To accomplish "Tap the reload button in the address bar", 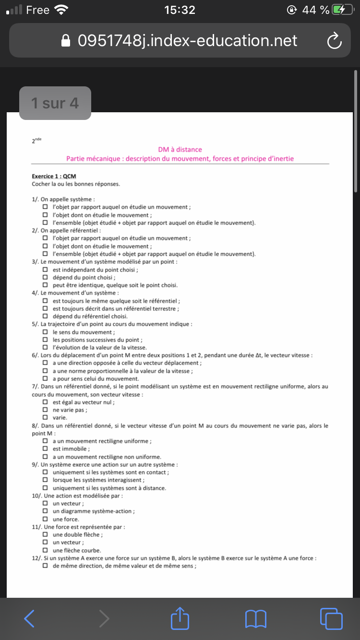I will [334, 41].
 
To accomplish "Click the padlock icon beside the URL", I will [67, 41].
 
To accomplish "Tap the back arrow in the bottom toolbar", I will [29, 618].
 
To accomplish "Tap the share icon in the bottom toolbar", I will [180, 618].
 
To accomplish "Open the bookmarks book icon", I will [255, 618].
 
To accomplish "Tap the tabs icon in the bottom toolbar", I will [331, 618].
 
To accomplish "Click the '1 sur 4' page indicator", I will [55, 103].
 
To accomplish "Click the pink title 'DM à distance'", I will [180, 150].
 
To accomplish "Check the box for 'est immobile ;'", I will [45, 449].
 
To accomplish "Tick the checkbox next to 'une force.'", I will [45, 519].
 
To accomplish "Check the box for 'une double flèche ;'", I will [45, 534].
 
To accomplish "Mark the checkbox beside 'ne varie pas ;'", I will [45, 410].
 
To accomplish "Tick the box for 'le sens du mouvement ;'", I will [45, 332].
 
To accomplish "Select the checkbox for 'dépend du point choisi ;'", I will [45, 277].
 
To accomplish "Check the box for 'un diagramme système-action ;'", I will [45, 511].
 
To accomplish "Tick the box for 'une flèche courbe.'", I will [45, 550].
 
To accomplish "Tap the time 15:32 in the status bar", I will [180, 10].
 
